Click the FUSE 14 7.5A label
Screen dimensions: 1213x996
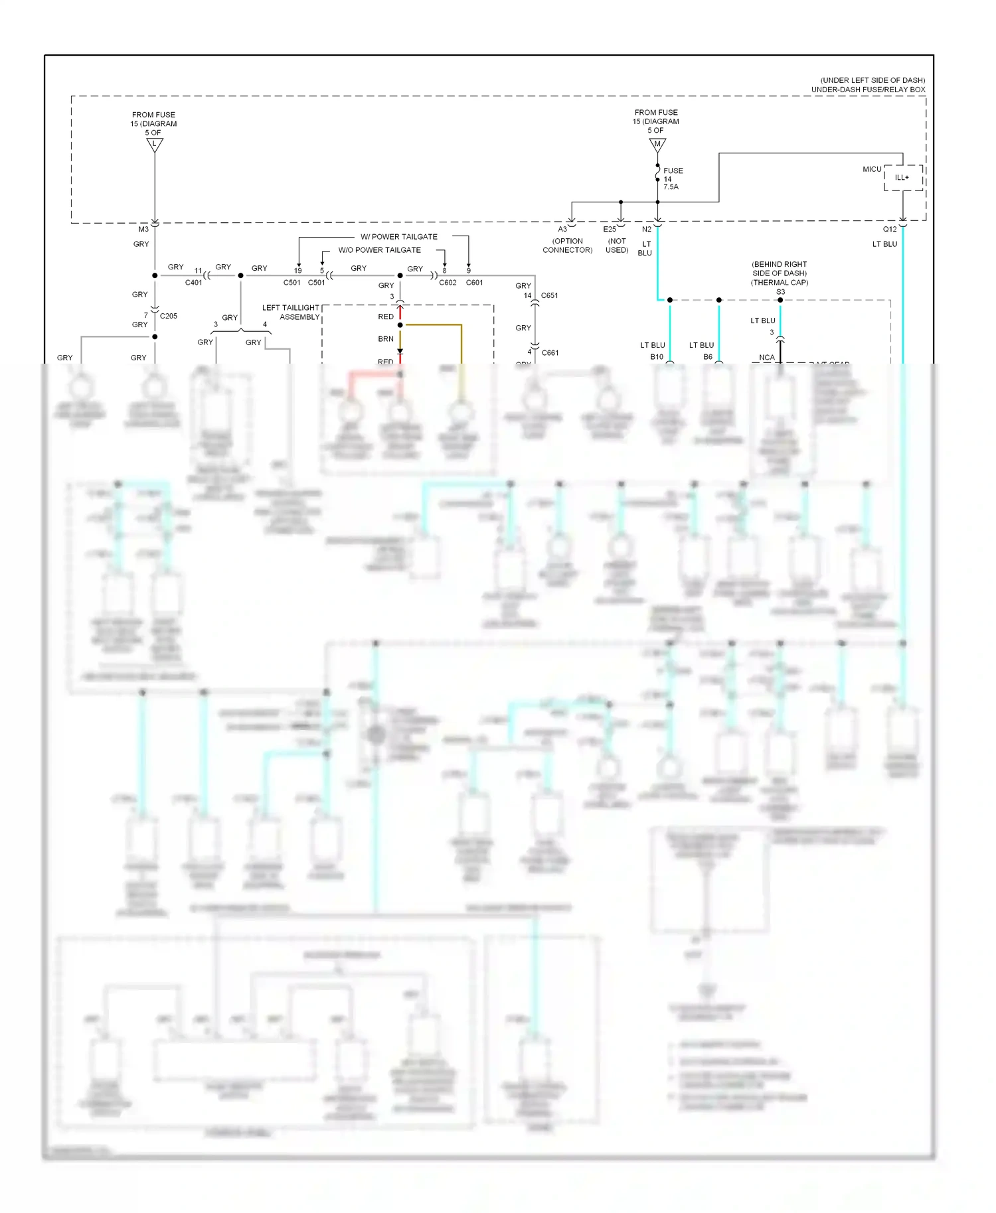click(672, 178)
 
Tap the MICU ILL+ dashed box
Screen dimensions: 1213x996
click(903, 178)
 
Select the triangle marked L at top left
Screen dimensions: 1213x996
click(155, 144)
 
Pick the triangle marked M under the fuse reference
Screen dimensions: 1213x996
click(657, 144)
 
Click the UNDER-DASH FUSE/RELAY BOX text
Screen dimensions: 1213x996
click(868, 90)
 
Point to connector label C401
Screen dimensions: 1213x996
click(193, 283)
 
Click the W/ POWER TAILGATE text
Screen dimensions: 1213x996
click(399, 237)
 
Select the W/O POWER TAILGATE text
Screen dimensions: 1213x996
click(380, 250)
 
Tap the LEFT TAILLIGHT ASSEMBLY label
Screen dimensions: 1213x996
click(291, 313)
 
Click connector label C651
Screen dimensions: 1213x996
click(550, 296)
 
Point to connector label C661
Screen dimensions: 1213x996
click(550, 353)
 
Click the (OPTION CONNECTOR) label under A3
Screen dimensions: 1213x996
click(568, 246)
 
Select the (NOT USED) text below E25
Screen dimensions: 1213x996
click(617, 246)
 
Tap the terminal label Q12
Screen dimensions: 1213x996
click(890, 230)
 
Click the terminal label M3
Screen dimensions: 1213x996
click(143, 230)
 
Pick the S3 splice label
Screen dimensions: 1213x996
click(780, 292)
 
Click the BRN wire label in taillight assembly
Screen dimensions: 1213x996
click(386, 339)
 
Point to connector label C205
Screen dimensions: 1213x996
click(169, 317)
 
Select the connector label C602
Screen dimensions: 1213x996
click(448, 283)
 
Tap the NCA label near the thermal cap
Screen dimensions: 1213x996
click(767, 358)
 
